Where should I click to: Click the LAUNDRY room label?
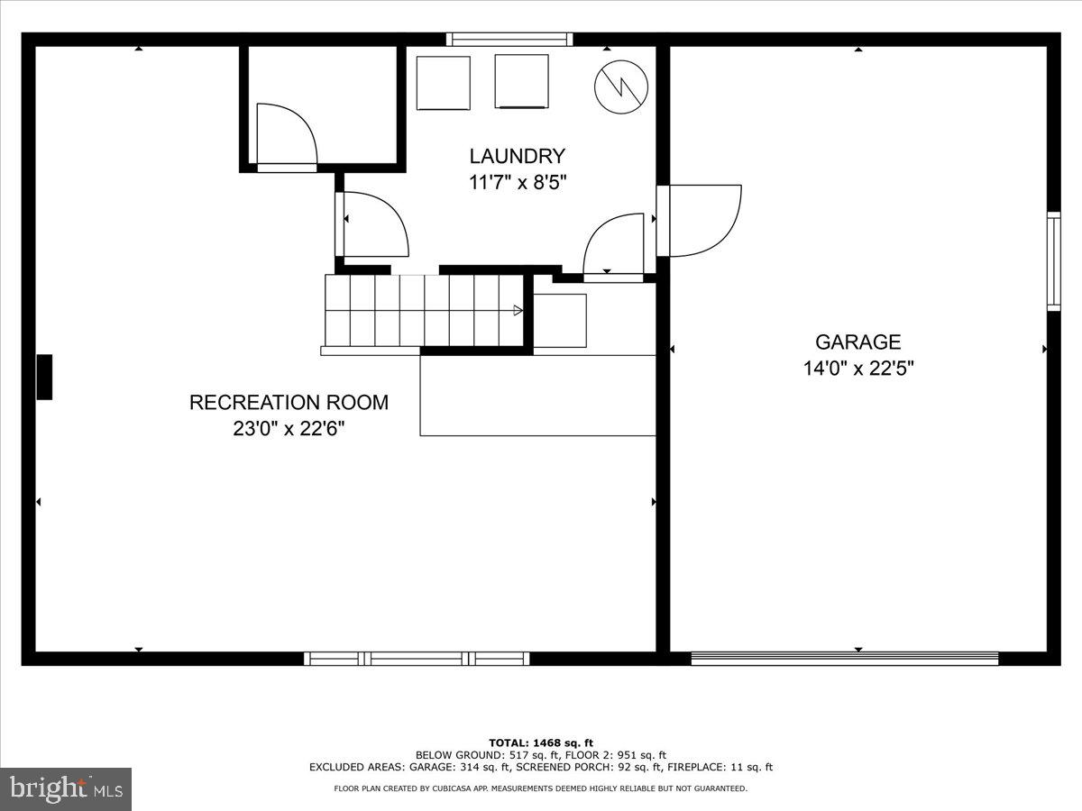click(x=517, y=156)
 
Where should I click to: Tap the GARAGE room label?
click(x=857, y=342)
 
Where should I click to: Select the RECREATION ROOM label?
click(x=289, y=402)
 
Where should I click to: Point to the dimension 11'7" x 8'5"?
click(x=517, y=182)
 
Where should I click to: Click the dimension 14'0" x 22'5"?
click(x=857, y=369)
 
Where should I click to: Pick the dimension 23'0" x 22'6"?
click(x=289, y=429)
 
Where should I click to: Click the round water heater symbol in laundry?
click(x=621, y=87)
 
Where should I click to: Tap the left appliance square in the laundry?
click(x=443, y=83)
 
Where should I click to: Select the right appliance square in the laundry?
click(x=521, y=82)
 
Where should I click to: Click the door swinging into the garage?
click(x=701, y=220)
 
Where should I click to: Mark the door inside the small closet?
click(x=285, y=135)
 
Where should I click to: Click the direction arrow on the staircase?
click(x=518, y=310)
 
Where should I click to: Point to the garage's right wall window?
click(x=1053, y=261)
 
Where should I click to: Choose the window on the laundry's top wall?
click(x=509, y=40)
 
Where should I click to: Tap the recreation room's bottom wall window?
click(x=417, y=659)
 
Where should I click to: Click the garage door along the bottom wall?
click(x=844, y=659)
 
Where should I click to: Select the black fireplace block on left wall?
click(x=44, y=377)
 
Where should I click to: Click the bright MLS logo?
click(x=66, y=789)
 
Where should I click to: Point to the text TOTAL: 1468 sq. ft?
click(x=541, y=743)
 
